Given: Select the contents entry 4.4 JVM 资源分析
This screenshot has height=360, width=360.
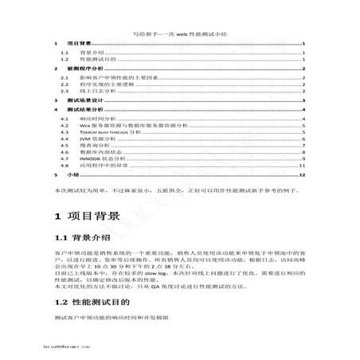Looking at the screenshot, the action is (100, 141).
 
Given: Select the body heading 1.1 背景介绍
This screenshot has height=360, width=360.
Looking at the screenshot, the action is (88, 240).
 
